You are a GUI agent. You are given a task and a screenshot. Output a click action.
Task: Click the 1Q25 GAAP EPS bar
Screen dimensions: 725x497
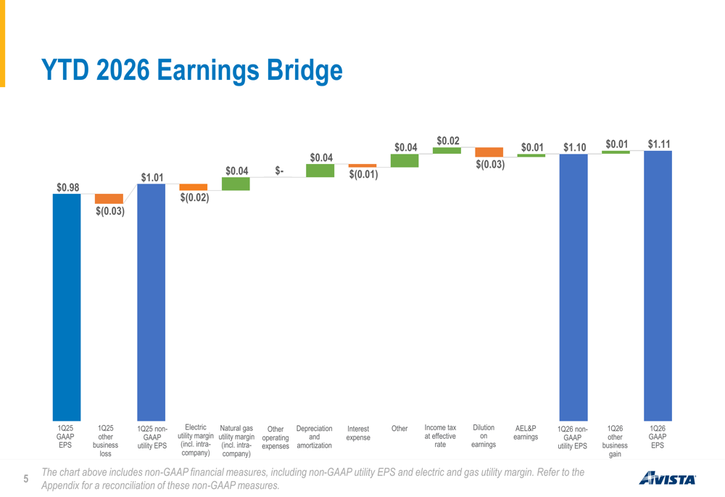coord(67,308)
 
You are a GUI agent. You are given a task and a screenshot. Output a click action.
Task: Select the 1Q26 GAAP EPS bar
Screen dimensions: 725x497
coord(658,286)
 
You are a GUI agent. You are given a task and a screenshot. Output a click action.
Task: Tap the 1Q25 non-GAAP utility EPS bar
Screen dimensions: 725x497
coord(152,302)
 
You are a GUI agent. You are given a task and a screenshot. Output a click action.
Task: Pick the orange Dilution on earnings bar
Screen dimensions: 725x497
coord(489,152)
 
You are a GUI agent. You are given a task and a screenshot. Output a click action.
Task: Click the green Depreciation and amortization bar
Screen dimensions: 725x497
coord(320,171)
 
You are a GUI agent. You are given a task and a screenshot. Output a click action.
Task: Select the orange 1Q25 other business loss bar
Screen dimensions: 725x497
coord(109,199)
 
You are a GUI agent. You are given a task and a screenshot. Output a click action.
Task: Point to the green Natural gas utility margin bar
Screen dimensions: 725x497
coord(236,184)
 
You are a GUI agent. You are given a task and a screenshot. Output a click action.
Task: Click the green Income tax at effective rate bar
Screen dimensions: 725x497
coord(447,150)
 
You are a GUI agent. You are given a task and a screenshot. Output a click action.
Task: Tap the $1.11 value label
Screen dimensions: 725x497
coord(659,144)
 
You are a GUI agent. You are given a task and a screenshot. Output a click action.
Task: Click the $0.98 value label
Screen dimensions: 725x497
coord(68,187)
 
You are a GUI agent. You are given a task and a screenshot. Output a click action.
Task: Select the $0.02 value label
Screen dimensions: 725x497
coord(448,141)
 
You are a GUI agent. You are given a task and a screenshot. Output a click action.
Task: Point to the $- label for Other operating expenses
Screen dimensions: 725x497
coord(279,171)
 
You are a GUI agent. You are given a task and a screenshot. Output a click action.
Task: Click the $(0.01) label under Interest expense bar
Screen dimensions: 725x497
coord(363,174)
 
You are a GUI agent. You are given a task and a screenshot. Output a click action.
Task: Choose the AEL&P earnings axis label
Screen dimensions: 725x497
coord(526,432)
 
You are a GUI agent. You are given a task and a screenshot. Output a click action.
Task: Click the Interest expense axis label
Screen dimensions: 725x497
coord(358,433)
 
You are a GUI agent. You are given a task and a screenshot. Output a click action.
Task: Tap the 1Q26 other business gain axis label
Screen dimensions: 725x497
coord(615,441)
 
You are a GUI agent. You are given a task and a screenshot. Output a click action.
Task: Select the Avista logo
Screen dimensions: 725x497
coord(667,478)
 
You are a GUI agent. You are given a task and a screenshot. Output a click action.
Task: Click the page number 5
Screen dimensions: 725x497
coord(26,478)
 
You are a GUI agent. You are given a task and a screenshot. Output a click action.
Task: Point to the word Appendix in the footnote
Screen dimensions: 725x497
coord(59,486)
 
